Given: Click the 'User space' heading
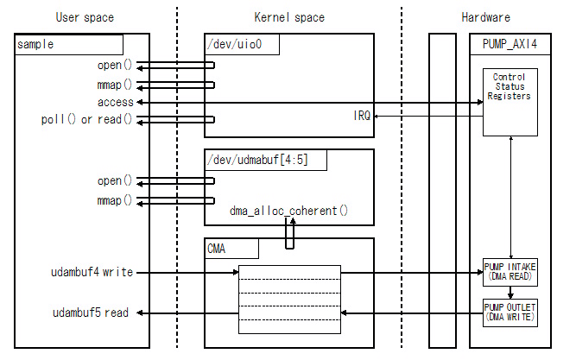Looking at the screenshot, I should coord(85,17).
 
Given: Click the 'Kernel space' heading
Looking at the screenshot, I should coord(289,17).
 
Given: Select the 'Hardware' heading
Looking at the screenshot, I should coord(486,17).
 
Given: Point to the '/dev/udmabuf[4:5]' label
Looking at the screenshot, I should coord(263,160).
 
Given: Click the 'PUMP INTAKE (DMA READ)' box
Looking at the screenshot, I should coord(509,271).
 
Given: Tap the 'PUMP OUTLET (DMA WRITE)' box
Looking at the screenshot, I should coord(509,312).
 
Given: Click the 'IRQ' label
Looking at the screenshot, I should coord(362,115).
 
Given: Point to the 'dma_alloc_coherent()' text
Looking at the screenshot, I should coord(288,210).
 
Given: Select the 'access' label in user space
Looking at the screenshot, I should coord(117,102).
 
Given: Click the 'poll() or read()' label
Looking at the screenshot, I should coord(88,119).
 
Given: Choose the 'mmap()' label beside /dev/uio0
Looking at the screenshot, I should coord(116,85).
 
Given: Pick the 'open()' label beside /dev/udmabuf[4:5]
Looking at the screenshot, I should coord(116,181).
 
